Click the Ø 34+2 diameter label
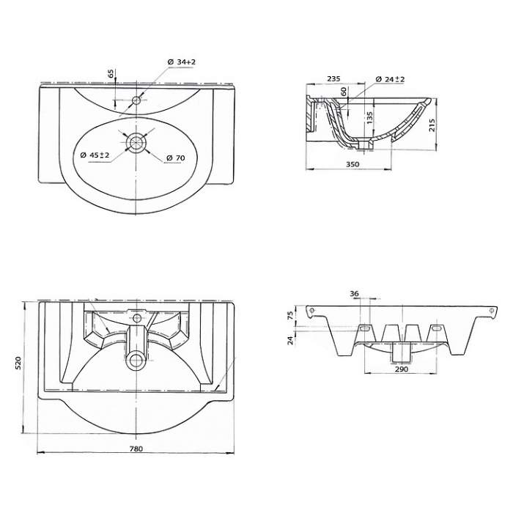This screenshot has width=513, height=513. click(181, 62)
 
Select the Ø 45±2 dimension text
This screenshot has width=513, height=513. click(95, 155)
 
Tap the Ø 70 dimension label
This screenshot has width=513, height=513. click(175, 158)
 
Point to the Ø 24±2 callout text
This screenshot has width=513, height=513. click(390, 79)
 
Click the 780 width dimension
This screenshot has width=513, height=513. click(136, 449)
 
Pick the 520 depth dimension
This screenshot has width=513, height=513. click(18, 363)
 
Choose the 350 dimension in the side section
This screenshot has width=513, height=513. click(353, 164)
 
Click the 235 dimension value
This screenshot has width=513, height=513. click(333, 78)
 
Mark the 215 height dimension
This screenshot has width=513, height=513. click(432, 125)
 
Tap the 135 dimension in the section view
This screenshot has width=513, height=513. click(369, 118)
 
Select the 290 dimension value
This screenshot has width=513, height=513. click(402, 369)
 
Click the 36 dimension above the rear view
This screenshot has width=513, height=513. click(355, 294)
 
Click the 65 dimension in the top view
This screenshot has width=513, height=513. click(112, 73)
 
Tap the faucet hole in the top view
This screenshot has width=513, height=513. click(136, 100)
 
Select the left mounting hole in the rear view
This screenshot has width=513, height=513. click(312, 310)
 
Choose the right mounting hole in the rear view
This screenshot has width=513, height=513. click(491, 310)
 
